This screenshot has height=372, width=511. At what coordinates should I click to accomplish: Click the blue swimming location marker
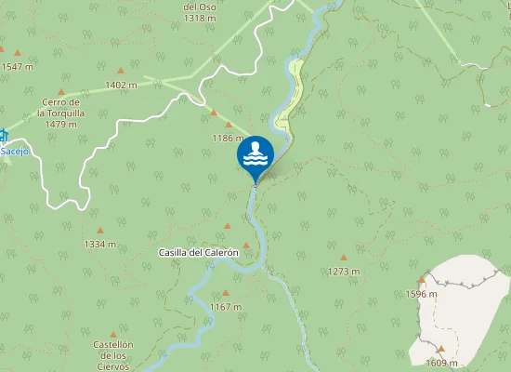coord(255,155)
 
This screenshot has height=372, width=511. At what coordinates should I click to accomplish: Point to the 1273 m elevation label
coord(344,272)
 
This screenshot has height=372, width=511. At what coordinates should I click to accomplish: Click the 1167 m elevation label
coord(225,307)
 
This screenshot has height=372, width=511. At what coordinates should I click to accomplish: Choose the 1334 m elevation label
coord(99,245)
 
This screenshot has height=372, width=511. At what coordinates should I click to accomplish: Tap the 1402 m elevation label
coord(121,86)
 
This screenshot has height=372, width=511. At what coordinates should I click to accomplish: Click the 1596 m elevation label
coord(421,294)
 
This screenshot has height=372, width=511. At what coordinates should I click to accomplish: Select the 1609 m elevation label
coord(441,363)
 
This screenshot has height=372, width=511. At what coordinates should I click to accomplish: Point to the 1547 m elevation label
coord(17,67)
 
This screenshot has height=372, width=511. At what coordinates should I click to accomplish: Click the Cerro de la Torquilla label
coord(61,113)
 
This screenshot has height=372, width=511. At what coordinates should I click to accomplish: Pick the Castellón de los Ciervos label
coord(113,355)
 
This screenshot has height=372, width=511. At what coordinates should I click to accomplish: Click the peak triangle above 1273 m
coord(344,258)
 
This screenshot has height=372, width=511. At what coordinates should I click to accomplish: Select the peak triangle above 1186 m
coord(214,113)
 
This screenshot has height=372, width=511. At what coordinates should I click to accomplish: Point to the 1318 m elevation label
coord(200,18)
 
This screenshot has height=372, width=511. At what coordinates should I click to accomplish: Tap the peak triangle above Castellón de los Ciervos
coord(113,334)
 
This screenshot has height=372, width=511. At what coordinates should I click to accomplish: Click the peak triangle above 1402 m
coord(121,71)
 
